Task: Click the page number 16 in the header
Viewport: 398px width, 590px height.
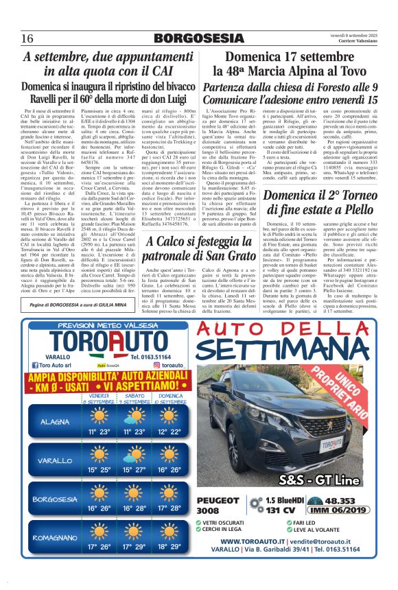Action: (27, 38)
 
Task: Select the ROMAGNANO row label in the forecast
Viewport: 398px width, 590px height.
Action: (55, 537)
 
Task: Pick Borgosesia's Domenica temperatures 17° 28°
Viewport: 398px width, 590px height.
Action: (169, 508)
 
